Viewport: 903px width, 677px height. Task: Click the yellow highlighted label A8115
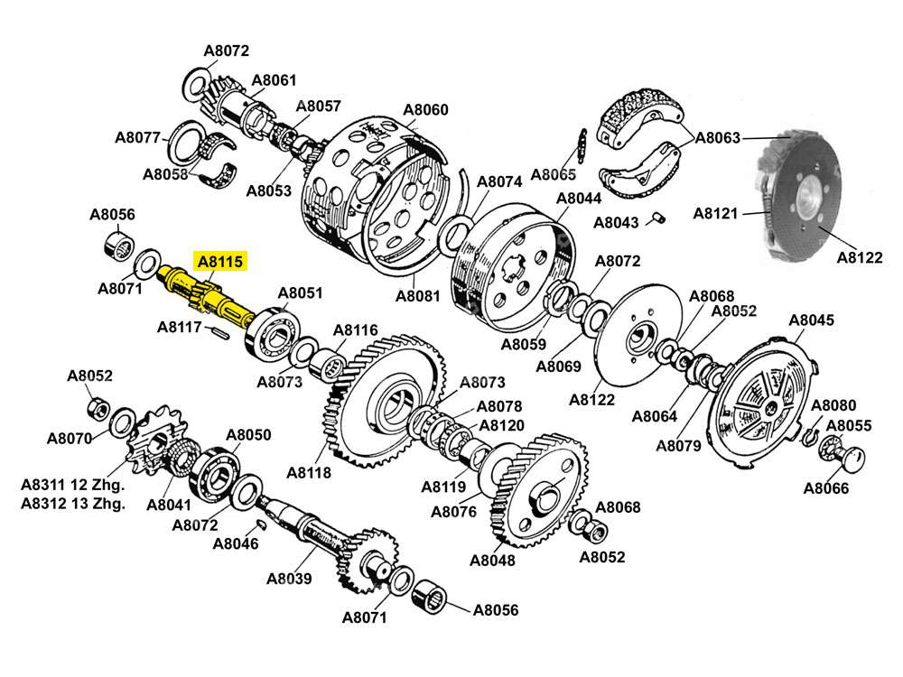click(x=220, y=263)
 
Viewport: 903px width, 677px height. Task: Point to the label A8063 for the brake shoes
click(x=718, y=138)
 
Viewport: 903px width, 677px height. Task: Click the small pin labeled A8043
click(x=659, y=217)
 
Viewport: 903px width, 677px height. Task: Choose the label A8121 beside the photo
click(x=716, y=214)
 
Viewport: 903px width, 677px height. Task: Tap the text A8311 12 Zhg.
click(x=73, y=485)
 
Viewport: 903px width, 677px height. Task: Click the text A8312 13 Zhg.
click(x=73, y=503)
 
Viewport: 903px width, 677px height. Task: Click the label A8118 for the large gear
click(x=309, y=472)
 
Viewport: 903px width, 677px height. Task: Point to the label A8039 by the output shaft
click(x=289, y=579)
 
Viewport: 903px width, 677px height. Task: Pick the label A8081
click(x=418, y=295)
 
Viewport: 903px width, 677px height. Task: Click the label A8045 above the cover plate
click(x=812, y=320)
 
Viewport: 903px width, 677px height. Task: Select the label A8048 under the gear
click(x=493, y=560)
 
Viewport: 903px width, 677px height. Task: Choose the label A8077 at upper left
click(x=138, y=138)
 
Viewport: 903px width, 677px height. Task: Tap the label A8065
click(x=554, y=174)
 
